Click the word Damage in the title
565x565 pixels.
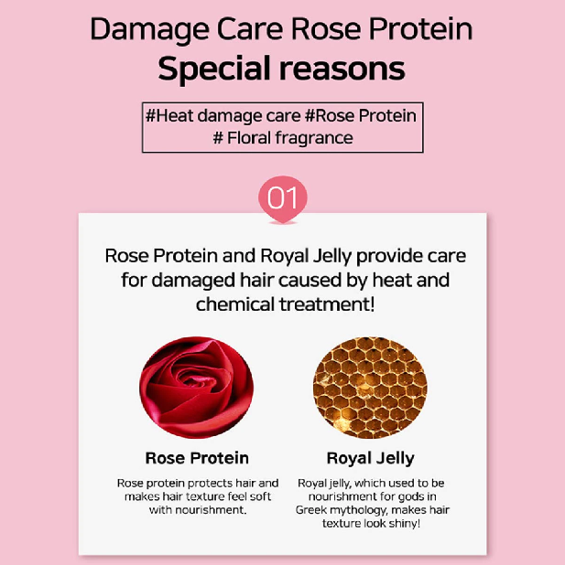[x=149, y=29]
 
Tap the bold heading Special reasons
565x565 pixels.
[x=282, y=69]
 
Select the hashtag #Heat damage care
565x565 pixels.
[x=223, y=116]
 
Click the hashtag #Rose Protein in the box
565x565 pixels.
[x=361, y=116]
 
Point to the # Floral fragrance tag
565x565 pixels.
[x=283, y=138]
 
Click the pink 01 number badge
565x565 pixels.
[x=283, y=198]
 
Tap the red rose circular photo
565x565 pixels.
[x=196, y=388]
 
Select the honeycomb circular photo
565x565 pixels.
[x=370, y=388]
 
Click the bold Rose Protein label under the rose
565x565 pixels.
[x=197, y=458]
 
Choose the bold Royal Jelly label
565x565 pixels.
[x=370, y=459]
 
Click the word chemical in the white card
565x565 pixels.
[x=235, y=304]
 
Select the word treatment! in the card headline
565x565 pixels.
[x=327, y=304]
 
